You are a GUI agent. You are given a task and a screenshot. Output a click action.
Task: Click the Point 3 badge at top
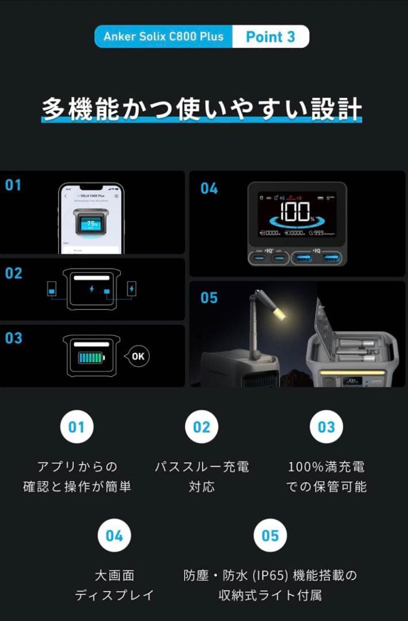coord(270,37)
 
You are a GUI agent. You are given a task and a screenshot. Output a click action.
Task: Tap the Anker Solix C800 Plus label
coord(164,37)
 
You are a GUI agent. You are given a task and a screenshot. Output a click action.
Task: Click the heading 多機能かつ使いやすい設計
coord(202,109)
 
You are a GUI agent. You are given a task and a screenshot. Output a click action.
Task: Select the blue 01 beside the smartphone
coord(13,185)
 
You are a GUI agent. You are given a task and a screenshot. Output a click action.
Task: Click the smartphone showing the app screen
coord(91,218)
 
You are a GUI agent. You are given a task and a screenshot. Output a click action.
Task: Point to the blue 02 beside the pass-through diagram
coord(13,273)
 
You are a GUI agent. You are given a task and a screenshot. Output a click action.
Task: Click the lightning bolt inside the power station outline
coord(92,288)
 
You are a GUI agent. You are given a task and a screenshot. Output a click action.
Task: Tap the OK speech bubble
coord(137,356)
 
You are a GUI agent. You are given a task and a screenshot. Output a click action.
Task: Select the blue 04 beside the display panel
coord(209,188)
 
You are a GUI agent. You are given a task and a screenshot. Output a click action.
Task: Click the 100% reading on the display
coord(298,212)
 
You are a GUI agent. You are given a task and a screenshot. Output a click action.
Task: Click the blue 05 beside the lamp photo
coord(209,298)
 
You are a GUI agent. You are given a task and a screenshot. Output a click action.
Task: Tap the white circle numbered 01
coord(76,427)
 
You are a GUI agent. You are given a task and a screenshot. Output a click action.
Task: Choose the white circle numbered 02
coord(202,427)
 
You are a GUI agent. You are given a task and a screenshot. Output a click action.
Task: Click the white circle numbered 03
coord(326,427)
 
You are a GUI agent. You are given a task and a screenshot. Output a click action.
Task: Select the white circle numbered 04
coord(114,536)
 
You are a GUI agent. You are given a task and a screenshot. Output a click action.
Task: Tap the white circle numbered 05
coord(270,536)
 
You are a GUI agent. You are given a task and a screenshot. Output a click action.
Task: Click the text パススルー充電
coord(202,466)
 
